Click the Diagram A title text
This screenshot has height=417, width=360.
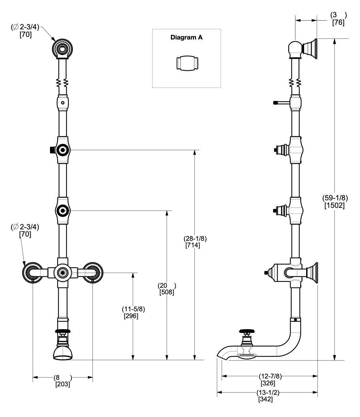point(187,38)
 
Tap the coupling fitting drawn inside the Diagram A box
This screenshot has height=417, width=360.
point(187,62)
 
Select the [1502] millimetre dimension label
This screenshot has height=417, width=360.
point(335,206)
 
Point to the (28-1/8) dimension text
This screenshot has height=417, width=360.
point(195,239)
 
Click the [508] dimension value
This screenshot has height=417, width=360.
point(167,292)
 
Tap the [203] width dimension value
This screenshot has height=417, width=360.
point(63,384)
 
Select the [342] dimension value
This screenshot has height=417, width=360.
point(266,399)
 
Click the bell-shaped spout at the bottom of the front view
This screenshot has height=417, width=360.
point(62,353)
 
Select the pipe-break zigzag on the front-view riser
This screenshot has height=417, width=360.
point(62,84)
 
